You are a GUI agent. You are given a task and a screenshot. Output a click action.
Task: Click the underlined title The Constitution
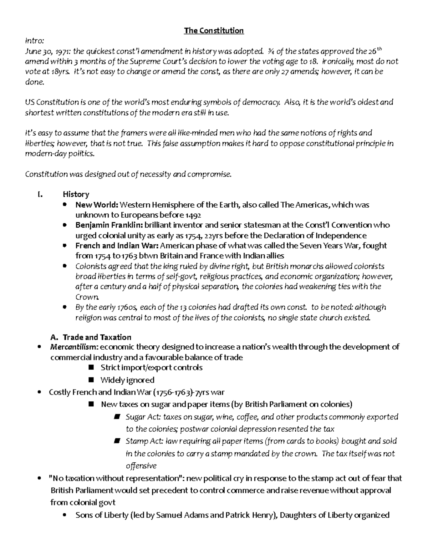point(214,31)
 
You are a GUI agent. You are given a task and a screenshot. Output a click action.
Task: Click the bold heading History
point(76,194)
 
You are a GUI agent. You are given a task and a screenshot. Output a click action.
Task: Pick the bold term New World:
point(96,205)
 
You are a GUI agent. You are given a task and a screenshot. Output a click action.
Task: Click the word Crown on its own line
point(86,297)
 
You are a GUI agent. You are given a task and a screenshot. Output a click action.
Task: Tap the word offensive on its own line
point(141,466)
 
